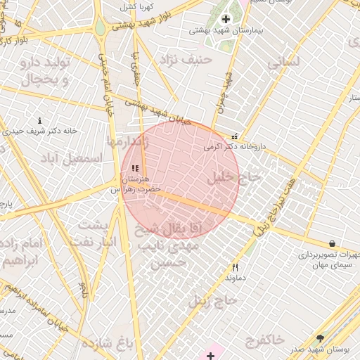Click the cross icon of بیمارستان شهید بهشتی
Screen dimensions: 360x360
point(226,19)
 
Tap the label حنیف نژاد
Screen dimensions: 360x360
point(186,60)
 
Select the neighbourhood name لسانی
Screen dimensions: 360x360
point(283,62)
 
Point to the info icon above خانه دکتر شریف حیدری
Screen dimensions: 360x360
point(39,121)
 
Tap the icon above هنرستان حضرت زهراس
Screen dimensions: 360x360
point(134,168)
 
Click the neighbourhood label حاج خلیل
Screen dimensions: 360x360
point(234,179)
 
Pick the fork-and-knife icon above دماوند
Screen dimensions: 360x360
point(236,267)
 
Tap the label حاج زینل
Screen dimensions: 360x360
point(214,301)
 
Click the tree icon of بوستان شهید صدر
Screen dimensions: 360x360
point(321,338)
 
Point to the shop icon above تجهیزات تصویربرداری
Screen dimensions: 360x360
point(332,243)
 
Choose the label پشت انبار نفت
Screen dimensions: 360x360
point(96,233)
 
